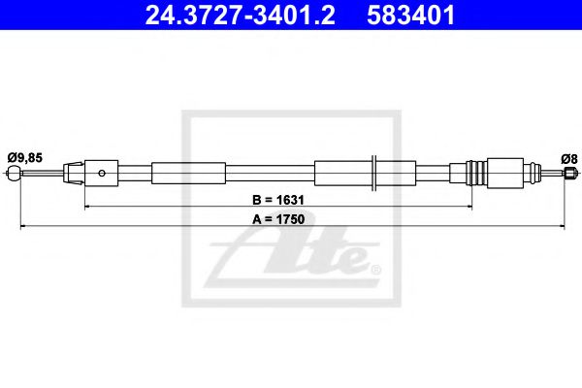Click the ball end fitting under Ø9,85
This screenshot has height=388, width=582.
click(13, 175)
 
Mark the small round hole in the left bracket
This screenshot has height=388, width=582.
click(102, 174)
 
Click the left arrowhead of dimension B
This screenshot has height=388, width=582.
click(88, 207)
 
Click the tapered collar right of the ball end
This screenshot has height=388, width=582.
click(71, 174)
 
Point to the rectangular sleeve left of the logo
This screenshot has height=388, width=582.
click(175, 174)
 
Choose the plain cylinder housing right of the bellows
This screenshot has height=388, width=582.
click(506, 174)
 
